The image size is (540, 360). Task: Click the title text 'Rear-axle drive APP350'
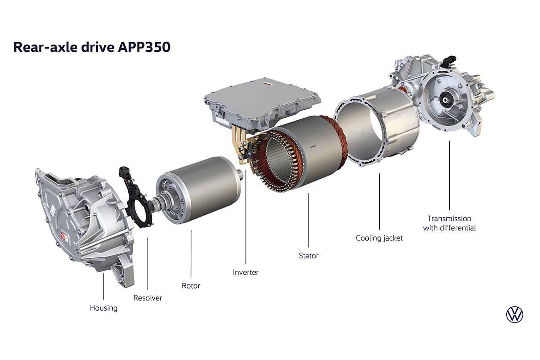point(92,47)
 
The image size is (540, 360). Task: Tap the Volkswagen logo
point(515,314)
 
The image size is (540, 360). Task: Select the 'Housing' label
point(104,308)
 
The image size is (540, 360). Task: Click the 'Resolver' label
point(148,298)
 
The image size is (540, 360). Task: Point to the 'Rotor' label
point(191,286)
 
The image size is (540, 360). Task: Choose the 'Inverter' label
point(246,272)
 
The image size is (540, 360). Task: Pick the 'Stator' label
point(308,256)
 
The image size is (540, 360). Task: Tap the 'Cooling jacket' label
point(379,238)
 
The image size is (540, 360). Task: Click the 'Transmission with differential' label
point(449,223)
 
